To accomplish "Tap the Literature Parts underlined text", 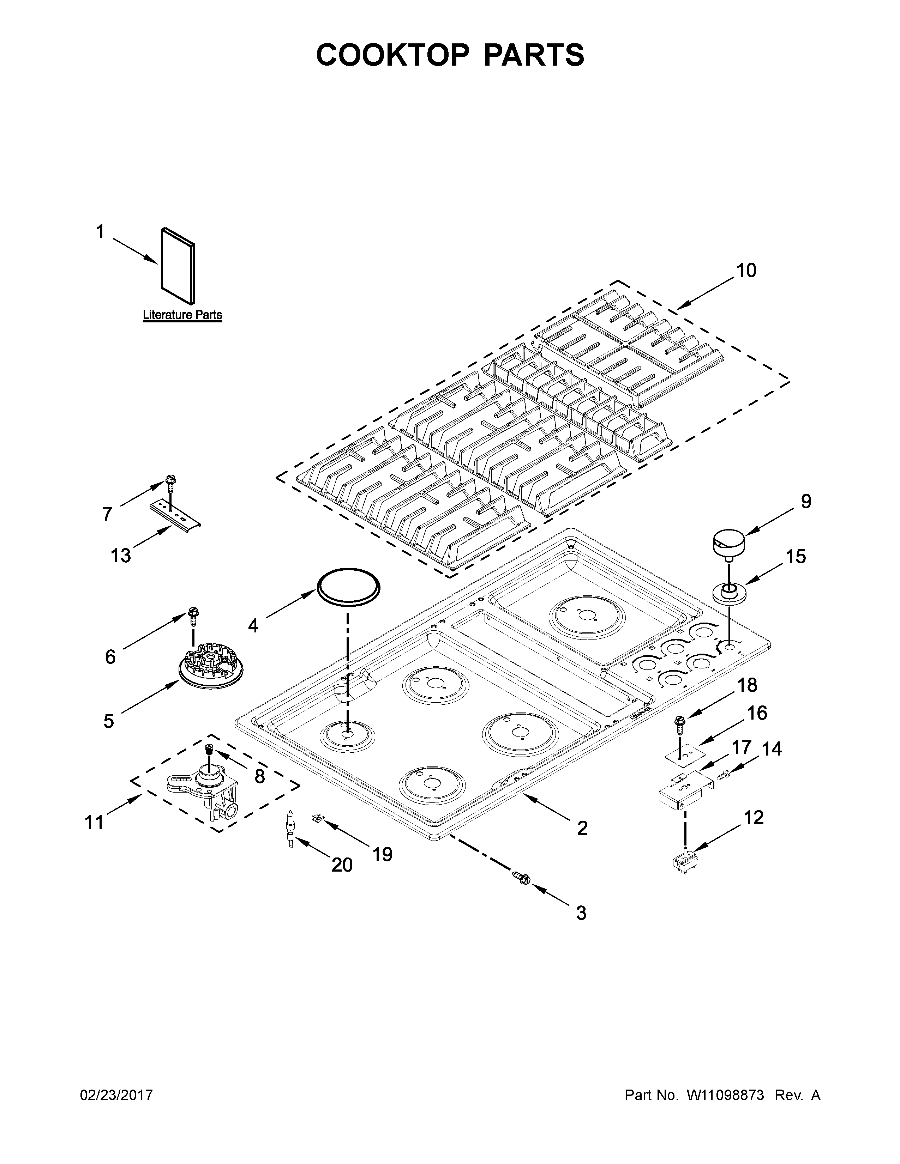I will click(182, 315).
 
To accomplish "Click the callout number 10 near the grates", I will click(746, 271).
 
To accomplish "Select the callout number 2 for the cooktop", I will click(582, 828).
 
